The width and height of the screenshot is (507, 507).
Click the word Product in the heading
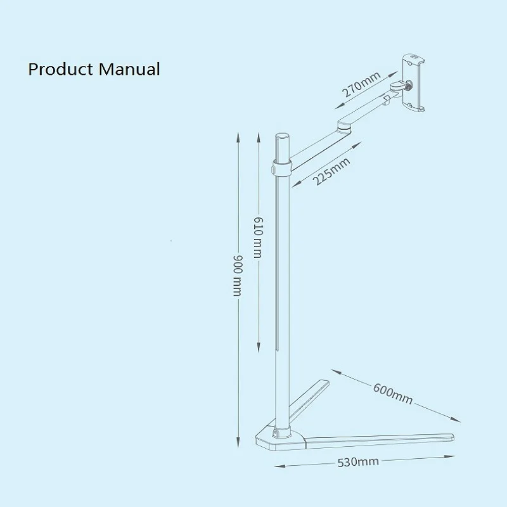60,68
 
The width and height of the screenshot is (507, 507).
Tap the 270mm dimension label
361,85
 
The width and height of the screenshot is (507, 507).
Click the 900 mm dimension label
238,276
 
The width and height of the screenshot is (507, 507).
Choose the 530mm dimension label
359,461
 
